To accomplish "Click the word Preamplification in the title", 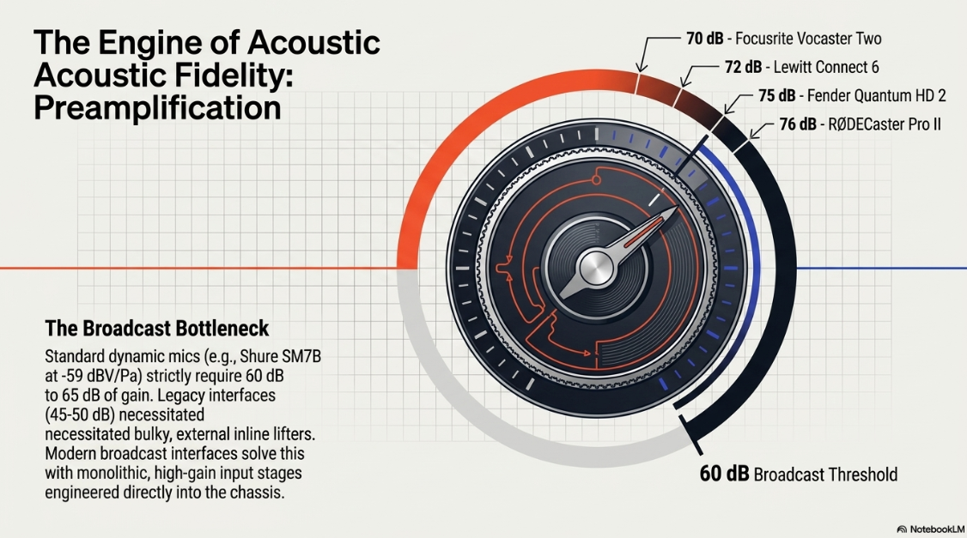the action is pyautogui.click(x=157, y=107).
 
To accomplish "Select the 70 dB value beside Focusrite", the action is pyautogui.click(x=705, y=39).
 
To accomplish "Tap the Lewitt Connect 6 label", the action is pyautogui.click(x=826, y=67).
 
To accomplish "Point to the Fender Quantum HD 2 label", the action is pyautogui.click(x=876, y=95).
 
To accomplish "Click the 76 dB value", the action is pyautogui.click(x=798, y=124).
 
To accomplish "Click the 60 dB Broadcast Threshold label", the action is pyautogui.click(x=799, y=474).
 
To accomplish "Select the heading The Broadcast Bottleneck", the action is pyautogui.click(x=156, y=329).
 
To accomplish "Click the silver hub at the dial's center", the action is pyautogui.click(x=596, y=268).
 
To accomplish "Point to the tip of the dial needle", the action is pyautogui.click(x=677, y=208).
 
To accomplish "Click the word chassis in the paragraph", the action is pyautogui.click(x=257, y=493).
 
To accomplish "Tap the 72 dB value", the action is pyautogui.click(x=743, y=67).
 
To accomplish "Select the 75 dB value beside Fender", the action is pyautogui.click(x=777, y=95).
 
